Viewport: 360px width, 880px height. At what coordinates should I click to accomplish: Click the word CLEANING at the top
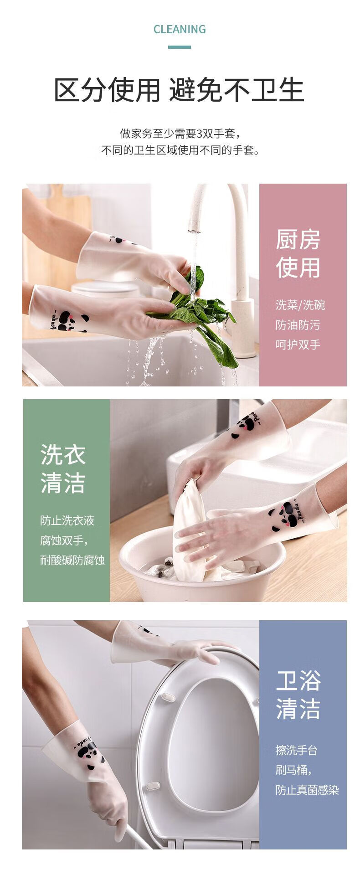180,30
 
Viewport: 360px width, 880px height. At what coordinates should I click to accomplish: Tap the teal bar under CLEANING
180,47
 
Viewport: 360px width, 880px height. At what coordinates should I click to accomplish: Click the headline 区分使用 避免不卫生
179,90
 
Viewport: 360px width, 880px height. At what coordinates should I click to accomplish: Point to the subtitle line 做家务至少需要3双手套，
180,134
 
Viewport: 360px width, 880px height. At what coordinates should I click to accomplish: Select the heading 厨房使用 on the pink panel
298,253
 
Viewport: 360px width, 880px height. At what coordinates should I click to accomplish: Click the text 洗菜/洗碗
300,305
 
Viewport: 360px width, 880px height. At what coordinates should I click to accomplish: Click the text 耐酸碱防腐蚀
72,560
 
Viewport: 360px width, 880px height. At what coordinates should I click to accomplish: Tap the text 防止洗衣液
67,520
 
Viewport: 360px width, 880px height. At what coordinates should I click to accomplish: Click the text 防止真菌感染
307,790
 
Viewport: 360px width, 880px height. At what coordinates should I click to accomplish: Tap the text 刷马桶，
294,770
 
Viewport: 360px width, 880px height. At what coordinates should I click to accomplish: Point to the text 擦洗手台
296,750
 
